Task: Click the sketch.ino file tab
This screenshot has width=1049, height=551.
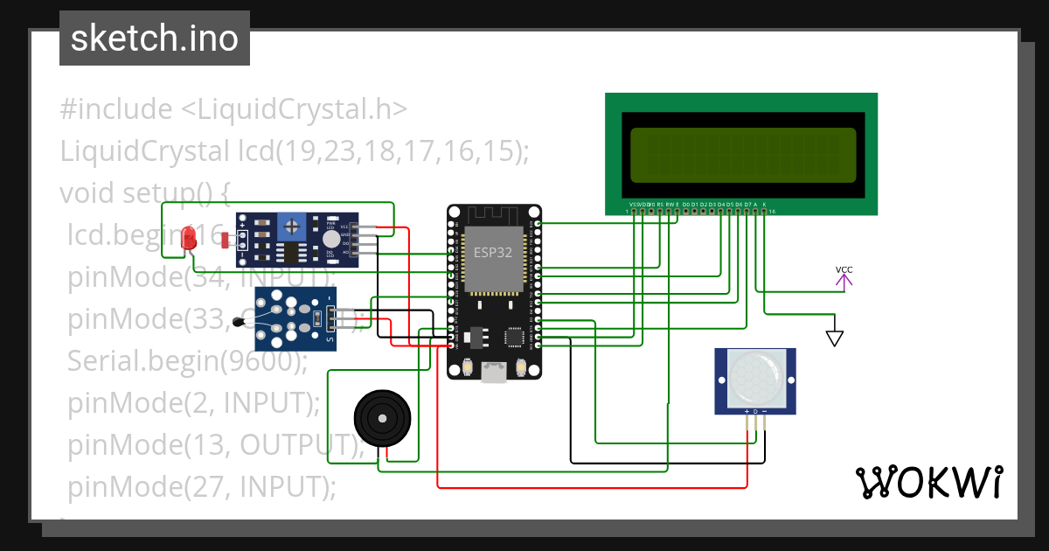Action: click(x=154, y=38)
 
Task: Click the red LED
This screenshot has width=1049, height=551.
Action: click(x=188, y=238)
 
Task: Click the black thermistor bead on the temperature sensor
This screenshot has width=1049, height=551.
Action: click(x=240, y=324)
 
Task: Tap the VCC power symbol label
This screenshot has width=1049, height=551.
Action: click(x=844, y=269)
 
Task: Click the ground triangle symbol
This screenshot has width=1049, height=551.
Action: click(x=836, y=338)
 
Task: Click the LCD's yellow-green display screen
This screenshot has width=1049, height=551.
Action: click(x=742, y=155)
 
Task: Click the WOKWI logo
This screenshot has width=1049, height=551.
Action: click(x=928, y=482)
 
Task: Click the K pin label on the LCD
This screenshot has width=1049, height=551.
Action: click(x=764, y=204)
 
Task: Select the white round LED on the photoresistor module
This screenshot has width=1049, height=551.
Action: click(x=330, y=239)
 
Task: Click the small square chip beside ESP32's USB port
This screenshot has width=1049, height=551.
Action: click(x=515, y=335)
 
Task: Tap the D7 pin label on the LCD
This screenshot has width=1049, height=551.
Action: click(x=747, y=204)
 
